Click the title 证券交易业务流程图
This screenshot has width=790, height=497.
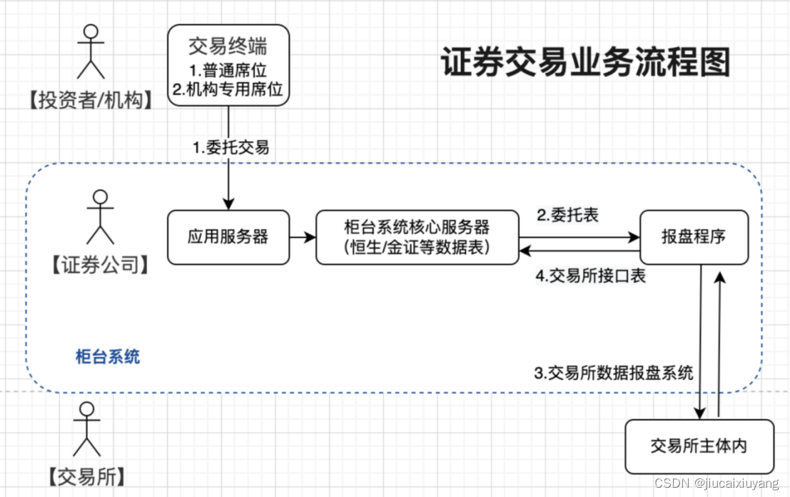pos(585,63)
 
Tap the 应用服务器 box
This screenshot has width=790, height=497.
pos(228,236)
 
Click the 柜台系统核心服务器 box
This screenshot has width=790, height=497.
pos(417,236)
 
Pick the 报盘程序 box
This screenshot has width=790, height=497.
pos(694,236)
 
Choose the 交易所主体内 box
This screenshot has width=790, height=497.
pos(699,446)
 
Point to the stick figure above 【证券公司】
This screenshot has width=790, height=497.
pos(101,217)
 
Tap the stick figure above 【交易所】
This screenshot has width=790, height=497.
pos(86,428)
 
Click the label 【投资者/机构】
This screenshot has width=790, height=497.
pos(91,101)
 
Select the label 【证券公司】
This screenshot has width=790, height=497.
pos(100,266)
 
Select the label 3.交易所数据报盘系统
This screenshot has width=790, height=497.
pos(613,372)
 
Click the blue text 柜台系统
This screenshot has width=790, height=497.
pos(108,356)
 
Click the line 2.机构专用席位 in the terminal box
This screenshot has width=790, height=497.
pos(228,90)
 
